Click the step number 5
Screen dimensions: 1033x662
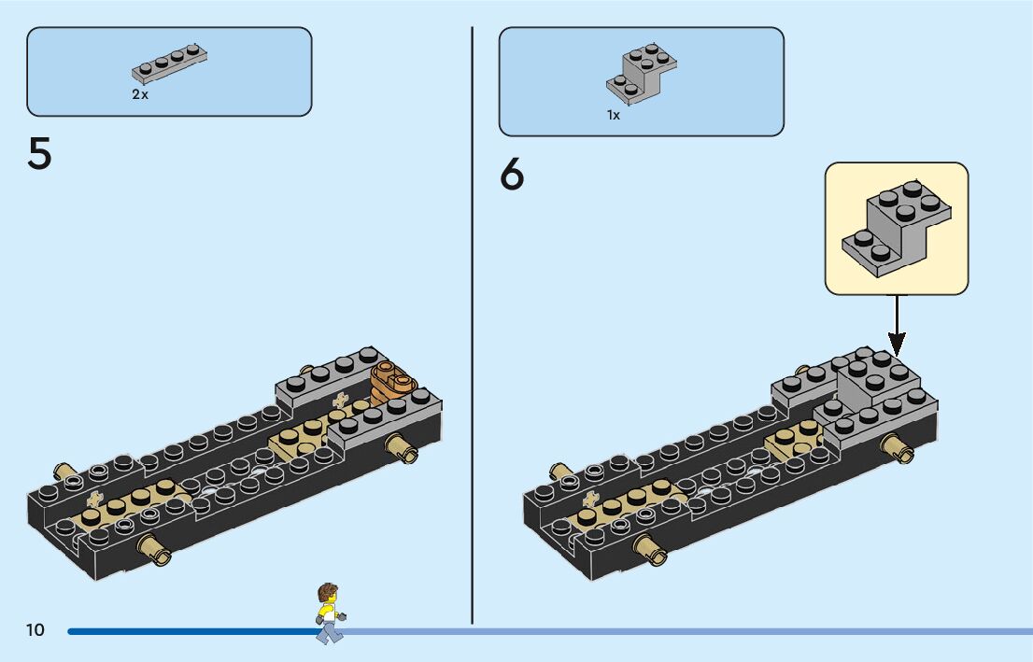(39, 154)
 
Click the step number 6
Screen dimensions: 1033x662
(512, 175)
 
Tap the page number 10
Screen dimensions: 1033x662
(35, 630)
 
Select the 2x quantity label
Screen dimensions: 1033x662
(139, 95)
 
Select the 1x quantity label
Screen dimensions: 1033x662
(613, 116)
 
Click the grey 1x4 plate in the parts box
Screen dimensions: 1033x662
(169, 63)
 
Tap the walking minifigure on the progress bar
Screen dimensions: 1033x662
(329, 613)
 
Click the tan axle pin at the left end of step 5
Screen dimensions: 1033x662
(64, 471)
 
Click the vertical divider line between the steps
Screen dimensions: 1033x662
(473, 327)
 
